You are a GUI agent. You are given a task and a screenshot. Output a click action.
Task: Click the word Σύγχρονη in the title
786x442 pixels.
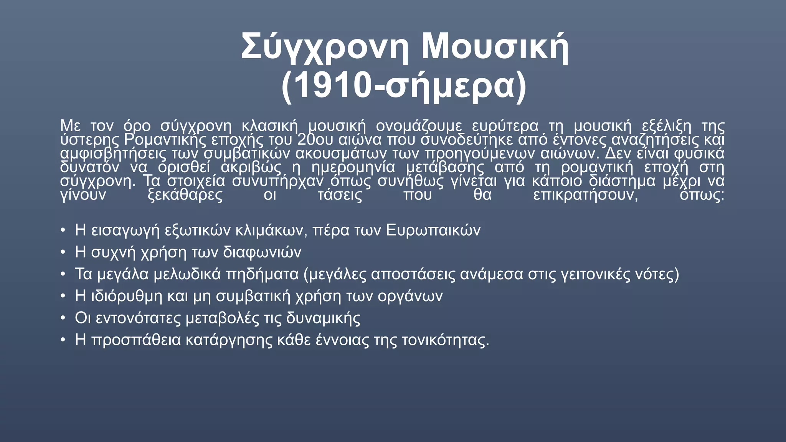point(325,48)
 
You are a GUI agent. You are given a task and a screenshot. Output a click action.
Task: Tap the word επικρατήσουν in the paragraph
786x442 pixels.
point(585,195)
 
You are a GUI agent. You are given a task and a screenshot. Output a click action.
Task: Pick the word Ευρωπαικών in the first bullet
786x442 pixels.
point(433,230)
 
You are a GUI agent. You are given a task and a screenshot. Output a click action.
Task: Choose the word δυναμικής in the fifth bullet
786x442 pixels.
point(323,318)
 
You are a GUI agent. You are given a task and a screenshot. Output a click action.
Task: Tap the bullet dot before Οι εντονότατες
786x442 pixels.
point(63,318)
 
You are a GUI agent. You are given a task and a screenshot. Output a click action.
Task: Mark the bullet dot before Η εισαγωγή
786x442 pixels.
point(63,231)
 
